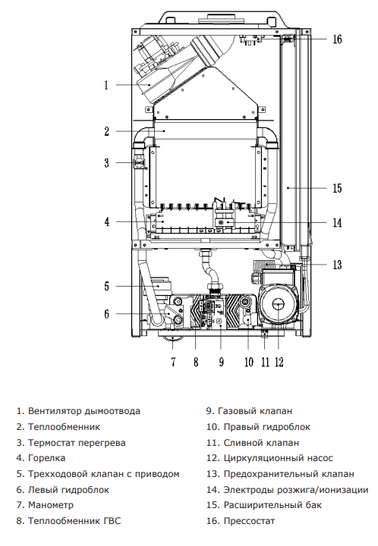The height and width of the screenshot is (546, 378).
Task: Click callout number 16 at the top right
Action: (337, 39)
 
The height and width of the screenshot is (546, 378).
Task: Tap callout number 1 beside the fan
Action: (106, 85)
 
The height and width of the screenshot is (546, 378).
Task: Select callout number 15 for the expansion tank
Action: (337, 188)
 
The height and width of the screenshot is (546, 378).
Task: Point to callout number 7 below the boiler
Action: (173, 362)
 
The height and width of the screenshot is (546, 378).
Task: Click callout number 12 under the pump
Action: (279, 362)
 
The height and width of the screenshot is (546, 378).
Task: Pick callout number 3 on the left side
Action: (106, 163)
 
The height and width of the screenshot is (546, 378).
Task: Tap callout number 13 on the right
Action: (337, 265)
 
